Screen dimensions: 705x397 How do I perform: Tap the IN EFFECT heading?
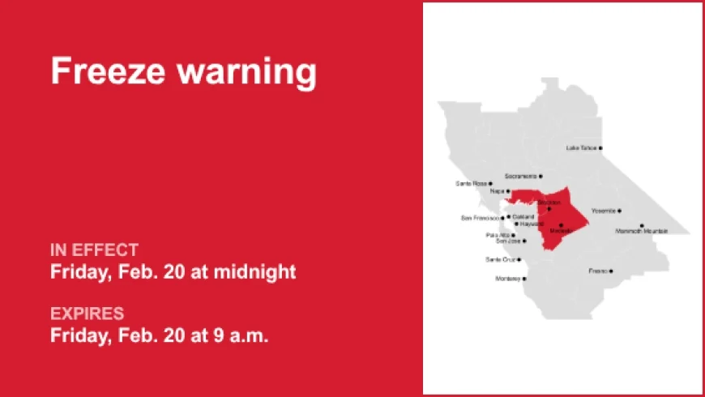point(94,250)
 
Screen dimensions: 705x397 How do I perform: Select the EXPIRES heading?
point(87,313)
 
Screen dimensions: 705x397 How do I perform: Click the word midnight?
point(254,272)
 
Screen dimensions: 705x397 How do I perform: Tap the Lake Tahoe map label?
point(582,148)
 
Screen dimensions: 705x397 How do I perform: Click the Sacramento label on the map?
point(520,176)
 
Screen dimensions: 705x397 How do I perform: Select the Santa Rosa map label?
point(471,184)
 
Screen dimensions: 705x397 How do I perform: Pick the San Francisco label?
point(481,218)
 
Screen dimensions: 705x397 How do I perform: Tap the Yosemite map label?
point(603,211)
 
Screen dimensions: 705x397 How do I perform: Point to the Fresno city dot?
point(611,271)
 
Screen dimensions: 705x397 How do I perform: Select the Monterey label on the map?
point(508,279)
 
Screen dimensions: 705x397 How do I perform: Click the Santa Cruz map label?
point(500,260)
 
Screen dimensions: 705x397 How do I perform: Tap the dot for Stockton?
point(549,209)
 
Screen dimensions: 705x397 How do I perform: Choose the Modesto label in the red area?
point(560,231)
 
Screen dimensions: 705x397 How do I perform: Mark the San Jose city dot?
point(524,241)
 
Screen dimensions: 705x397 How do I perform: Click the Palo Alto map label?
point(498,235)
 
